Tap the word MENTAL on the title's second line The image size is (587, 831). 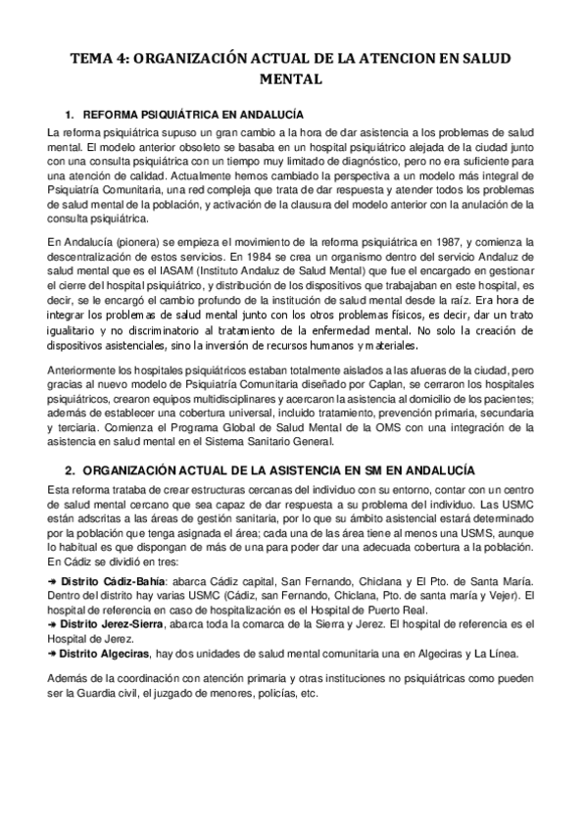click(x=293, y=80)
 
